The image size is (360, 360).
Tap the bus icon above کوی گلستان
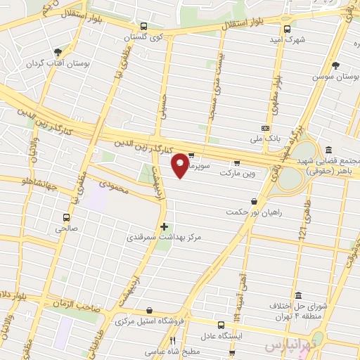143,25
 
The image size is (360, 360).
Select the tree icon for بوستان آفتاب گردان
58,51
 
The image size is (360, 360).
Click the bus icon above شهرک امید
286,29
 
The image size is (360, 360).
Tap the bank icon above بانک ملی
265,128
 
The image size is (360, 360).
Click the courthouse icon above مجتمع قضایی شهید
328,150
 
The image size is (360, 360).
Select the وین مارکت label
239,172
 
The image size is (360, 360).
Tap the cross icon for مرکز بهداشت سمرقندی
165,227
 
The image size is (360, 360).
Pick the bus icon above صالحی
66,217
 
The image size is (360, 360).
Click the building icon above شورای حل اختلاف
298,295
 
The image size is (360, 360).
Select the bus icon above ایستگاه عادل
221,325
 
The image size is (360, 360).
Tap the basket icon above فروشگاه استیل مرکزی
149,311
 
